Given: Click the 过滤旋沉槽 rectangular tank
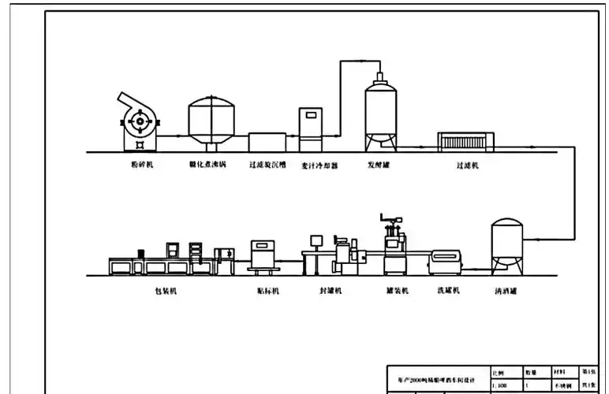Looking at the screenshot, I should coord(267,142).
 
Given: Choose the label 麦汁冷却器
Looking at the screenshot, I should coord(319,166).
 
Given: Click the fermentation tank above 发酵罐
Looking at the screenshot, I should coord(380,114).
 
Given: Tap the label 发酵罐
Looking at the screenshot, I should coord(379,166).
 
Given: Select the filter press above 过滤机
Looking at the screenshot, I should coord(465,141).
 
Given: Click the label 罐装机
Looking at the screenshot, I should coord(397,291).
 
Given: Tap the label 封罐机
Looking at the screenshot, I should coord(331,291).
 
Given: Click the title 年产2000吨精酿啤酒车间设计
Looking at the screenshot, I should coord(436,379).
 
